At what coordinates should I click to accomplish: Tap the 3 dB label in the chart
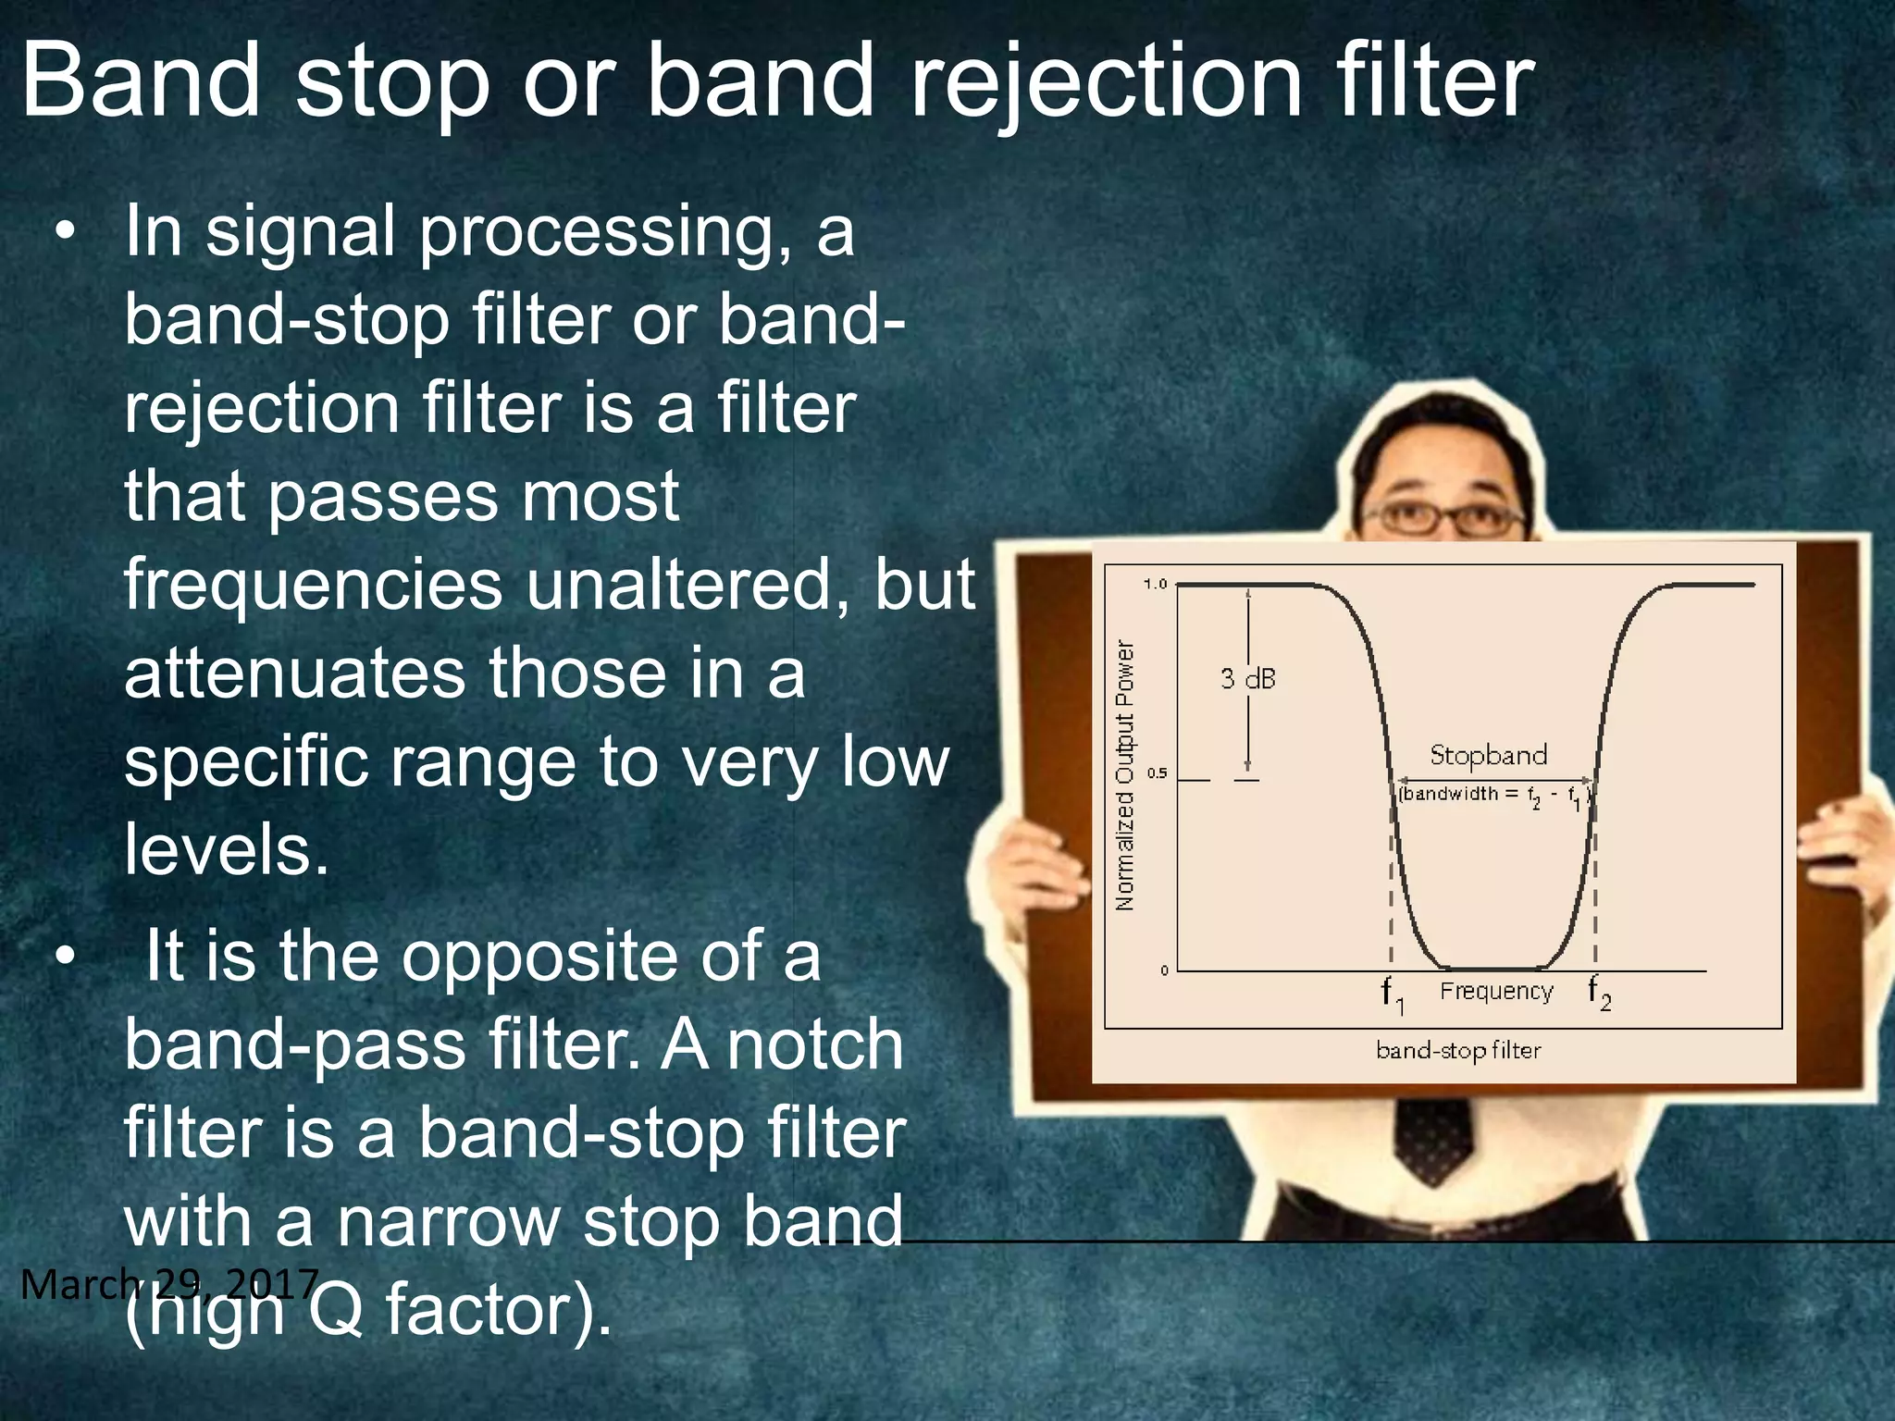(x=1247, y=678)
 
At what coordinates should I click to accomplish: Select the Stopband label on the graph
(x=1488, y=755)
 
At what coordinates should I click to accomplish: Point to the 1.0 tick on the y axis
(x=1156, y=584)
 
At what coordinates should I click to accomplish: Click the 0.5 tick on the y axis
(x=1157, y=773)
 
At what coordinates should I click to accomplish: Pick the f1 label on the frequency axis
(x=1392, y=995)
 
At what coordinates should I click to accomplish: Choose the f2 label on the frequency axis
(x=1599, y=993)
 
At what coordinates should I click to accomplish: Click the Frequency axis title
(x=1496, y=991)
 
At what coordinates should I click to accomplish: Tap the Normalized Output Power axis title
(x=1125, y=775)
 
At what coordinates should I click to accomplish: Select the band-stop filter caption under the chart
(x=1458, y=1050)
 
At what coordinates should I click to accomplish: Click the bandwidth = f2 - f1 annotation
(x=1492, y=795)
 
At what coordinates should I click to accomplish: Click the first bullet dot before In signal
(x=63, y=232)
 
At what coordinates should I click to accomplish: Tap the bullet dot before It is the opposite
(x=63, y=958)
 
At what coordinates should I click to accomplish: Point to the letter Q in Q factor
(x=335, y=1310)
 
